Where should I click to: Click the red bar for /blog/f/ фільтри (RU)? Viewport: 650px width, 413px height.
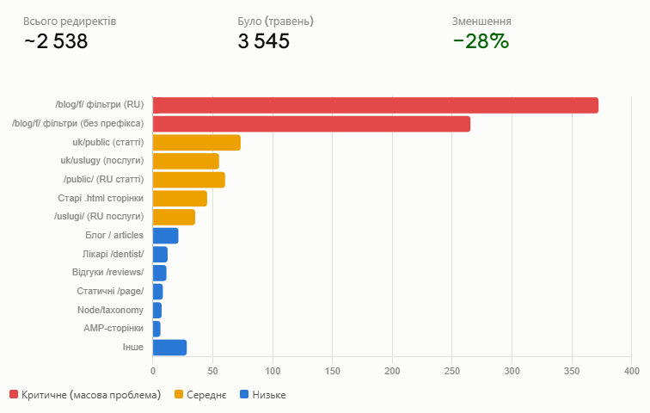point(376,105)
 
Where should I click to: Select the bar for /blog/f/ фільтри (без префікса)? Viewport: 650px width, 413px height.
point(312,124)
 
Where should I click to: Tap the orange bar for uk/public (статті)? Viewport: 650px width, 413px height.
point(197,143)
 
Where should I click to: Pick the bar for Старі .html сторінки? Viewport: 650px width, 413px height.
point(180,199)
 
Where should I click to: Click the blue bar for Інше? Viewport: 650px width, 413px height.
point(169,348)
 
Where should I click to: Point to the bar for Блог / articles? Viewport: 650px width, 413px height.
point(165,236)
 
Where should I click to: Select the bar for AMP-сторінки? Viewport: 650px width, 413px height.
point(156,329)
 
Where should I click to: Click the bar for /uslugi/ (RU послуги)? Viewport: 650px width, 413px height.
point(174,218)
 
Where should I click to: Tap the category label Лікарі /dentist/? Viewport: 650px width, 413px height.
point(113,254)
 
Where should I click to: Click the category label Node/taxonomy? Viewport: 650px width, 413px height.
point(110,310)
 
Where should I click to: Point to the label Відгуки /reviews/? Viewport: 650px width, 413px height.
point(107,273)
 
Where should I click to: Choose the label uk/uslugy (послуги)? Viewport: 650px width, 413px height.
point(102,161)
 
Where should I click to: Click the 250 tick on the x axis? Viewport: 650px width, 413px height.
point(452,371)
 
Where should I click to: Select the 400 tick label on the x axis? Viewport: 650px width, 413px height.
point(632,371)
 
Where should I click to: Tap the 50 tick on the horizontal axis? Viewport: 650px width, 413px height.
point(212,371)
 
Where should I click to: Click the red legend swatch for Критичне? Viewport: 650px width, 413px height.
point(14,394)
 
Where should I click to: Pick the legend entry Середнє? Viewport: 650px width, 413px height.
point(200,395)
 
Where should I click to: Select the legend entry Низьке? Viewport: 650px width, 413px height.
point(263,395)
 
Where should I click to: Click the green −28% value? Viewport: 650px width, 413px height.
point(481,41)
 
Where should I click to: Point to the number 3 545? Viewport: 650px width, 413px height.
point(264,41)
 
